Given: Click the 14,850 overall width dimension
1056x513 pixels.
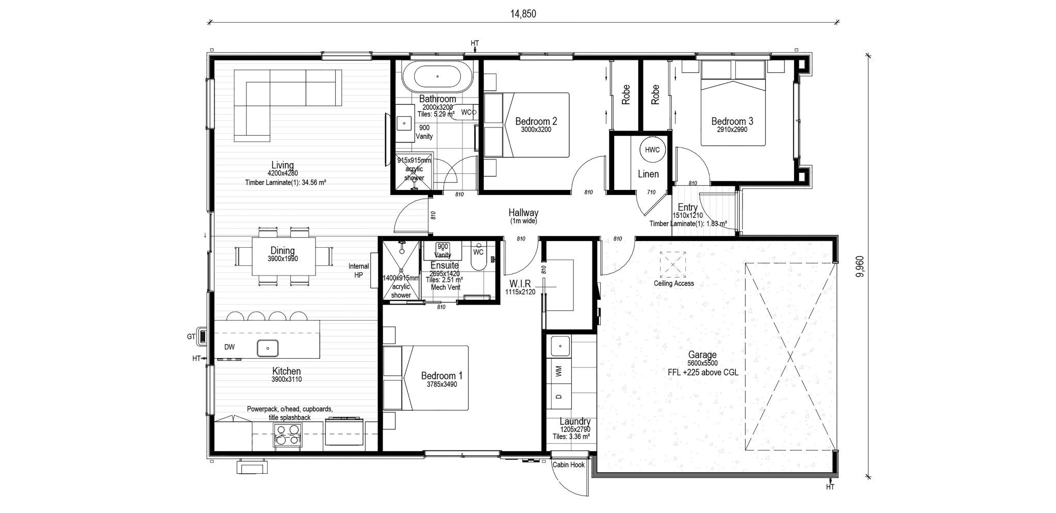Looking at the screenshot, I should tap(523, 14).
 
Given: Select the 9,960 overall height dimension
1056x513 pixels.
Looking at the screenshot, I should tap(859, 267).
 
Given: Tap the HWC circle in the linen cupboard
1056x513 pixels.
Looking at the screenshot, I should tap(652, 150).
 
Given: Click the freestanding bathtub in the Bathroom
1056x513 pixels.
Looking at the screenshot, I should tap(437, 76).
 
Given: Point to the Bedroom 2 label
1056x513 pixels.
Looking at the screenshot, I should tap(536, 122).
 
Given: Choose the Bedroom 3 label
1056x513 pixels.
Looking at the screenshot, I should tap(732, 122).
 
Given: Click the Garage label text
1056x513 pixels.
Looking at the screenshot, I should tap(702, 355).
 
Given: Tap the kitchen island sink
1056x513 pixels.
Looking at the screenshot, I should tap(268, 348).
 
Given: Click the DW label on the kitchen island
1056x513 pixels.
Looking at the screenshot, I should tap(229, 347).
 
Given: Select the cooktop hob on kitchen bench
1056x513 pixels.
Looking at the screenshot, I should tap(288, 434).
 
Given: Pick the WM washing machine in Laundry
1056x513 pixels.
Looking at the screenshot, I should tap(560, 371).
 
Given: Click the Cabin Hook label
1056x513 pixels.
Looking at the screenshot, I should tap(568, 465).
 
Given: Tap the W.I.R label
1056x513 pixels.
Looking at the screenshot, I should tap(520, 284).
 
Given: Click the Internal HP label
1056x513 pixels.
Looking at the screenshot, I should tap(358, 270).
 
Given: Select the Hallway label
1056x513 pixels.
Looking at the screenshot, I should tap(523, 213).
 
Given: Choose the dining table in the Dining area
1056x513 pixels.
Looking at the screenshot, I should tap(283, 256).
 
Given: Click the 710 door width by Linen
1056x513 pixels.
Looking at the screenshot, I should tap(651, 193).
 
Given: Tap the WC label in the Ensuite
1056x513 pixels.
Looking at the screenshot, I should tap(478, 252).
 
